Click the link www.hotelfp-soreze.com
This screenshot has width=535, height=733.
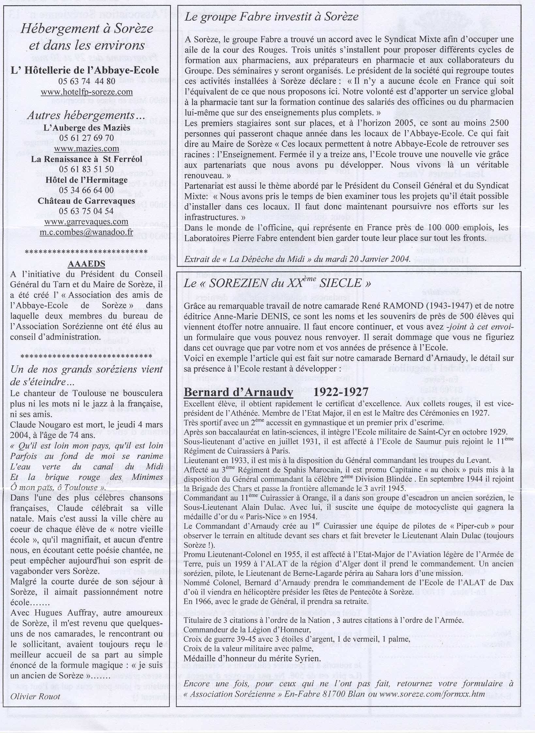tap(87, 92)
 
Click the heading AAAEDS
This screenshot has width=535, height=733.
tap(87, 264)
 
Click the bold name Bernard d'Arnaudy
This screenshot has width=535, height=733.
tap(238, 392)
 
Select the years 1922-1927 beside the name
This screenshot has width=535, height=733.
tap(341, 392)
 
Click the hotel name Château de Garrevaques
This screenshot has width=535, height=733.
tap(87, 200)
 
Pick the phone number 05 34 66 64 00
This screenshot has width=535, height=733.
tap(87, 190)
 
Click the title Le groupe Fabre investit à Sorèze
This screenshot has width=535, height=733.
tap(272, 17)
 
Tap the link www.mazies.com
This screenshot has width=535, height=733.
tap(87, 149)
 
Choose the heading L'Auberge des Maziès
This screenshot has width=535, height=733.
tap(87, 127)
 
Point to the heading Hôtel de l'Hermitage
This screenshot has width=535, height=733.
tap(87, 180)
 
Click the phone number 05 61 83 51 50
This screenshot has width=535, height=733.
tap(87, 169)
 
